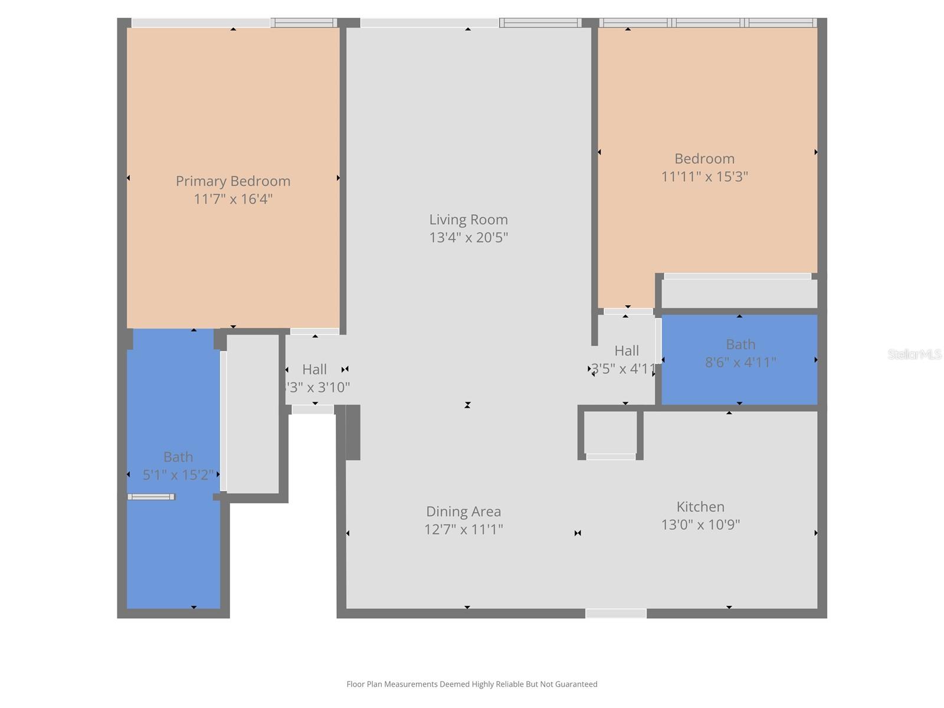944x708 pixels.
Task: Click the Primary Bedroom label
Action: click(x=233, y=181)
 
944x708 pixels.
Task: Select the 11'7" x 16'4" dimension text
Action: click(x=233, y=199)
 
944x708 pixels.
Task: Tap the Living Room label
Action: click(x=468, y=219)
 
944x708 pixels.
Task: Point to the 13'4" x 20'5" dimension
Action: click(x=468, y=237)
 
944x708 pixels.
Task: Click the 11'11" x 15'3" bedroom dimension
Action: click(x=704, y=176)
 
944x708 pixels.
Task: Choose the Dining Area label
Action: click(x=464, y=512)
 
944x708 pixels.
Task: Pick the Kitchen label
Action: click(x=700, y=507)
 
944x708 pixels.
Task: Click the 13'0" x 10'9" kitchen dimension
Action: click(x=700, y=525)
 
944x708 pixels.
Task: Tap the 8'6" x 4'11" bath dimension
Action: click(x=740, y=362)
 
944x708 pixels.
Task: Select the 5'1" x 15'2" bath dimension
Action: click(x=178, y=475)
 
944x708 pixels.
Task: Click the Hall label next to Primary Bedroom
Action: click(x=314, y=369)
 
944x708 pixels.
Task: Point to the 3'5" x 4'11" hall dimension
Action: click(x=624, y=369)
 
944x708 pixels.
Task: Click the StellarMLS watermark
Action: click(x=914, y=354)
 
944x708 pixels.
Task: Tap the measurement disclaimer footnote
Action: click(x=472, y=684)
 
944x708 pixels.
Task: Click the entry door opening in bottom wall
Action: click(x=615, y=614)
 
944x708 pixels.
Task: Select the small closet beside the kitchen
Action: click(x=611, y=432)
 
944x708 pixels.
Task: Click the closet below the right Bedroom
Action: click(x=739, y=293)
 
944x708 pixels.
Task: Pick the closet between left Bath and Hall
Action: click(x=253, y=413)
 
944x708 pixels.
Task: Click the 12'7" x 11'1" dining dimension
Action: click(x=464, y=529)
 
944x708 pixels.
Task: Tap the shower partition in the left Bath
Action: click(x=151, y=497)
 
